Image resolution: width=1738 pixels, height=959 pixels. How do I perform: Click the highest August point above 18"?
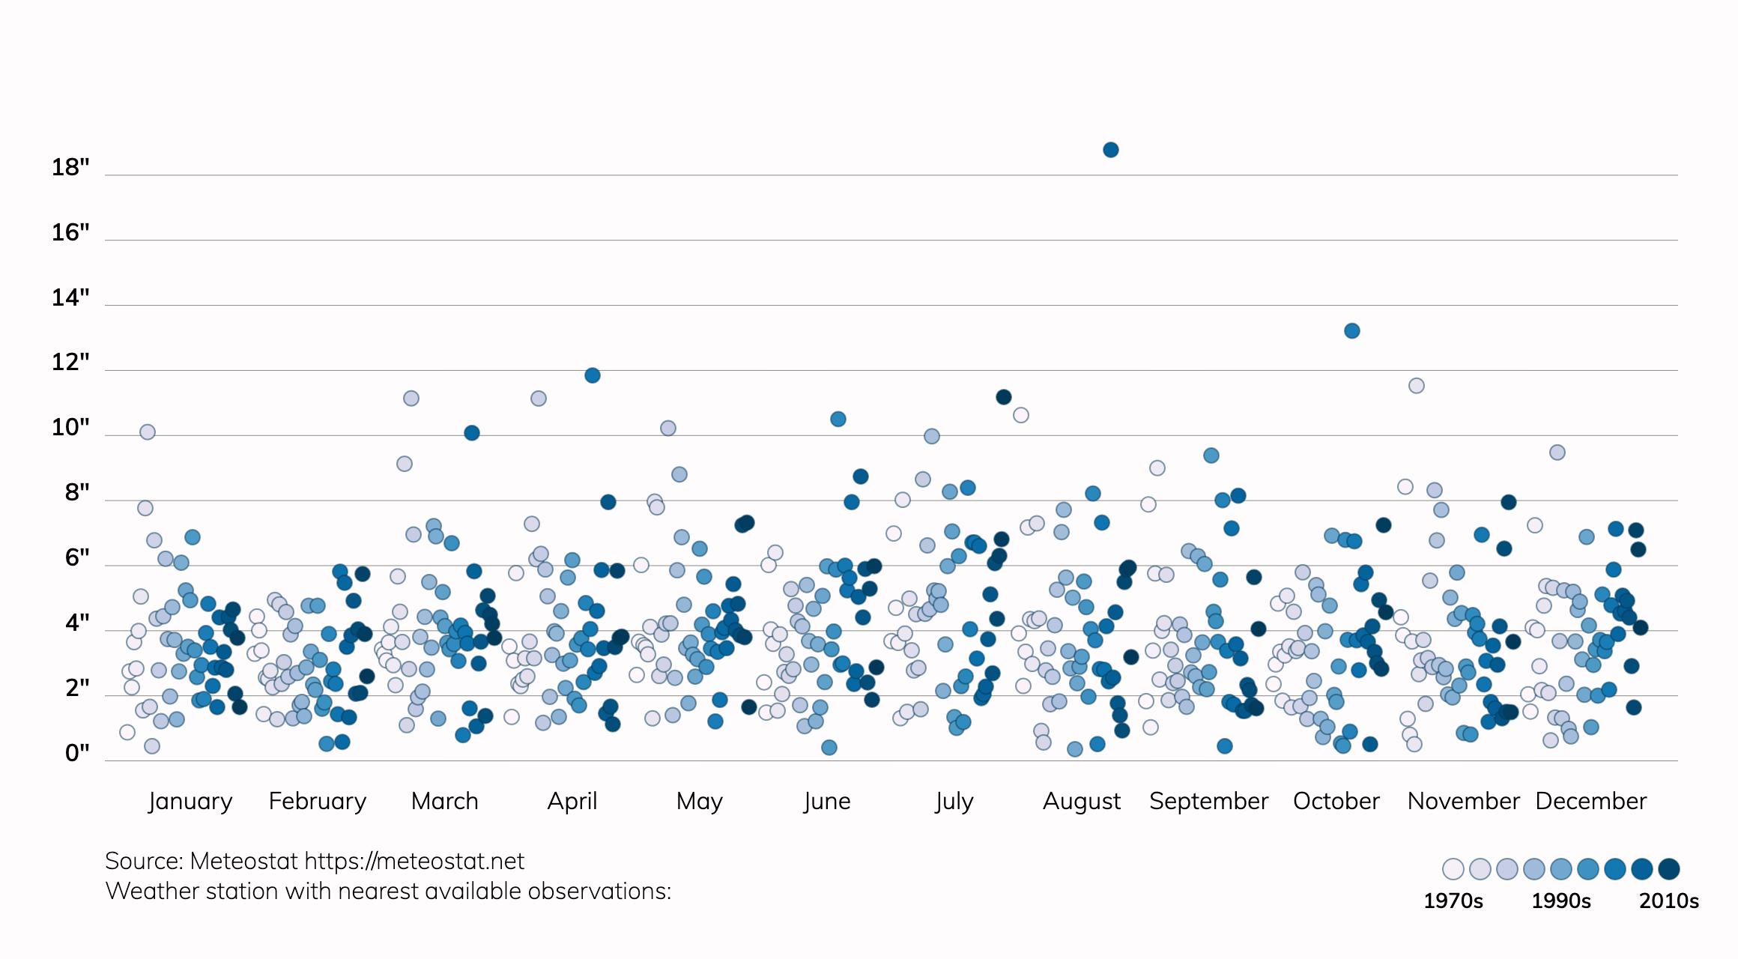1111,150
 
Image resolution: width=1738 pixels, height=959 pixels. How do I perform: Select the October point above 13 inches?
1352,330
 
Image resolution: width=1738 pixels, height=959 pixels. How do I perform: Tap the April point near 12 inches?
593,375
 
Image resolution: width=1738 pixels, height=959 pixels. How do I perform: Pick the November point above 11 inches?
1417,386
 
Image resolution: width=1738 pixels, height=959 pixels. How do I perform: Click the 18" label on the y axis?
70,167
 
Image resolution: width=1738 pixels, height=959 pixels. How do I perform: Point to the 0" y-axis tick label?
77,752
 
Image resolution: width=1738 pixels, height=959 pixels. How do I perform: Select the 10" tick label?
70,427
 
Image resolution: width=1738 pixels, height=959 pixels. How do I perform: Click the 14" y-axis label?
70,297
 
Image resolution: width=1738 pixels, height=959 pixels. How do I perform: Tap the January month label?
190,801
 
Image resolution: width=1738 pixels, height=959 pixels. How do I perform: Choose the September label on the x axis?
1208,801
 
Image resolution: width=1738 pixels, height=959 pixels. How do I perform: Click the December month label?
1591,801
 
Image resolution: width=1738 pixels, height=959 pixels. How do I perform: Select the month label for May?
699,801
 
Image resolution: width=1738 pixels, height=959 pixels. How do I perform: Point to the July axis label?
954,801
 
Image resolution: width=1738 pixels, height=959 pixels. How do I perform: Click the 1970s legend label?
1453,901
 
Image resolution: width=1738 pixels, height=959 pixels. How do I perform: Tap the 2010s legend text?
1669,901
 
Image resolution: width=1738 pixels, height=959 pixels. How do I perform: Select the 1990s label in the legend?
1561,901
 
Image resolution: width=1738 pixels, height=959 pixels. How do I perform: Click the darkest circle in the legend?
1669,869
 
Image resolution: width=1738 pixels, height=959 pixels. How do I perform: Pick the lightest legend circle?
1453,869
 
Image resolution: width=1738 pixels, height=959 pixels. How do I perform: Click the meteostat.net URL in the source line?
414,862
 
